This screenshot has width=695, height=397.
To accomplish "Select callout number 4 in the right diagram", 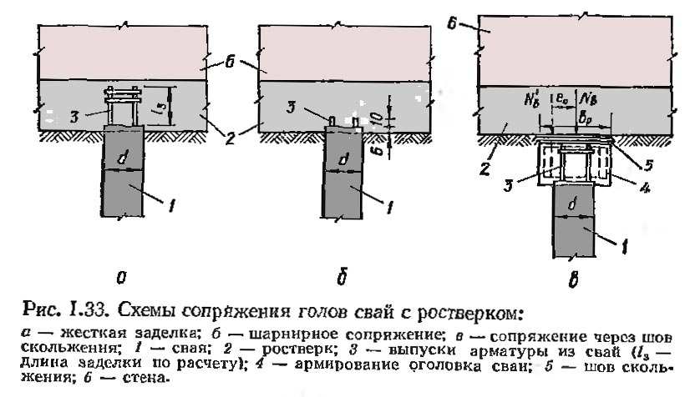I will [646, 188].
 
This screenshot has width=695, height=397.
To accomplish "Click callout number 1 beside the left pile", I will [170, 201].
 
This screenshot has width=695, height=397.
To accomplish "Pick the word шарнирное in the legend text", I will [270, 334].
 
